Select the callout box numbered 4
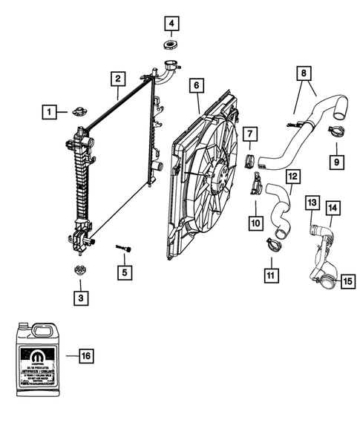click(172, 24)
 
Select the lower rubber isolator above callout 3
click(79, 272)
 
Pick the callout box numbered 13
click(312, 203)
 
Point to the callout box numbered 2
click(117, 77)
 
